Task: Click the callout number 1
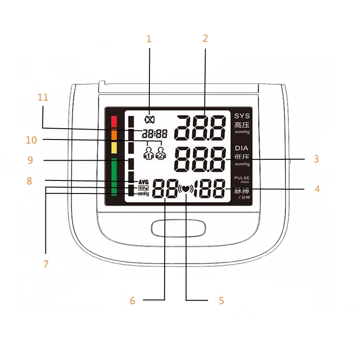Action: (x=149, y=39)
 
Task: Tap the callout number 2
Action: (x=205, y=39)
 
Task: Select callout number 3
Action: (x=316, y=159)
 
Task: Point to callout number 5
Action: (x=221, y=301)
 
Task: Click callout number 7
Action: (x=45, y=264)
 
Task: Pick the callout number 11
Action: (x=43, y=97)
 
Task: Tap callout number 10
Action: (x=31, y=140)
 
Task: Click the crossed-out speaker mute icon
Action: (x=149, y=120)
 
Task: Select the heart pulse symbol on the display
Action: (x=185, y=189)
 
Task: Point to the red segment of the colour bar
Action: (x=114, y=121)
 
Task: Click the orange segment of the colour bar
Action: (x=114, y=134)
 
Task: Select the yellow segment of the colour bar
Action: (x=114, y=148)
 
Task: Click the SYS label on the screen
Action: (x=242, y=116)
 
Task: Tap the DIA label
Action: (x=242, y=148)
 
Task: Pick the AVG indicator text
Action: (x=143, y=182)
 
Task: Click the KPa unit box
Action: (x=143, y=188)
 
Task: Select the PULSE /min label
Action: (x=242, y=180)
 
